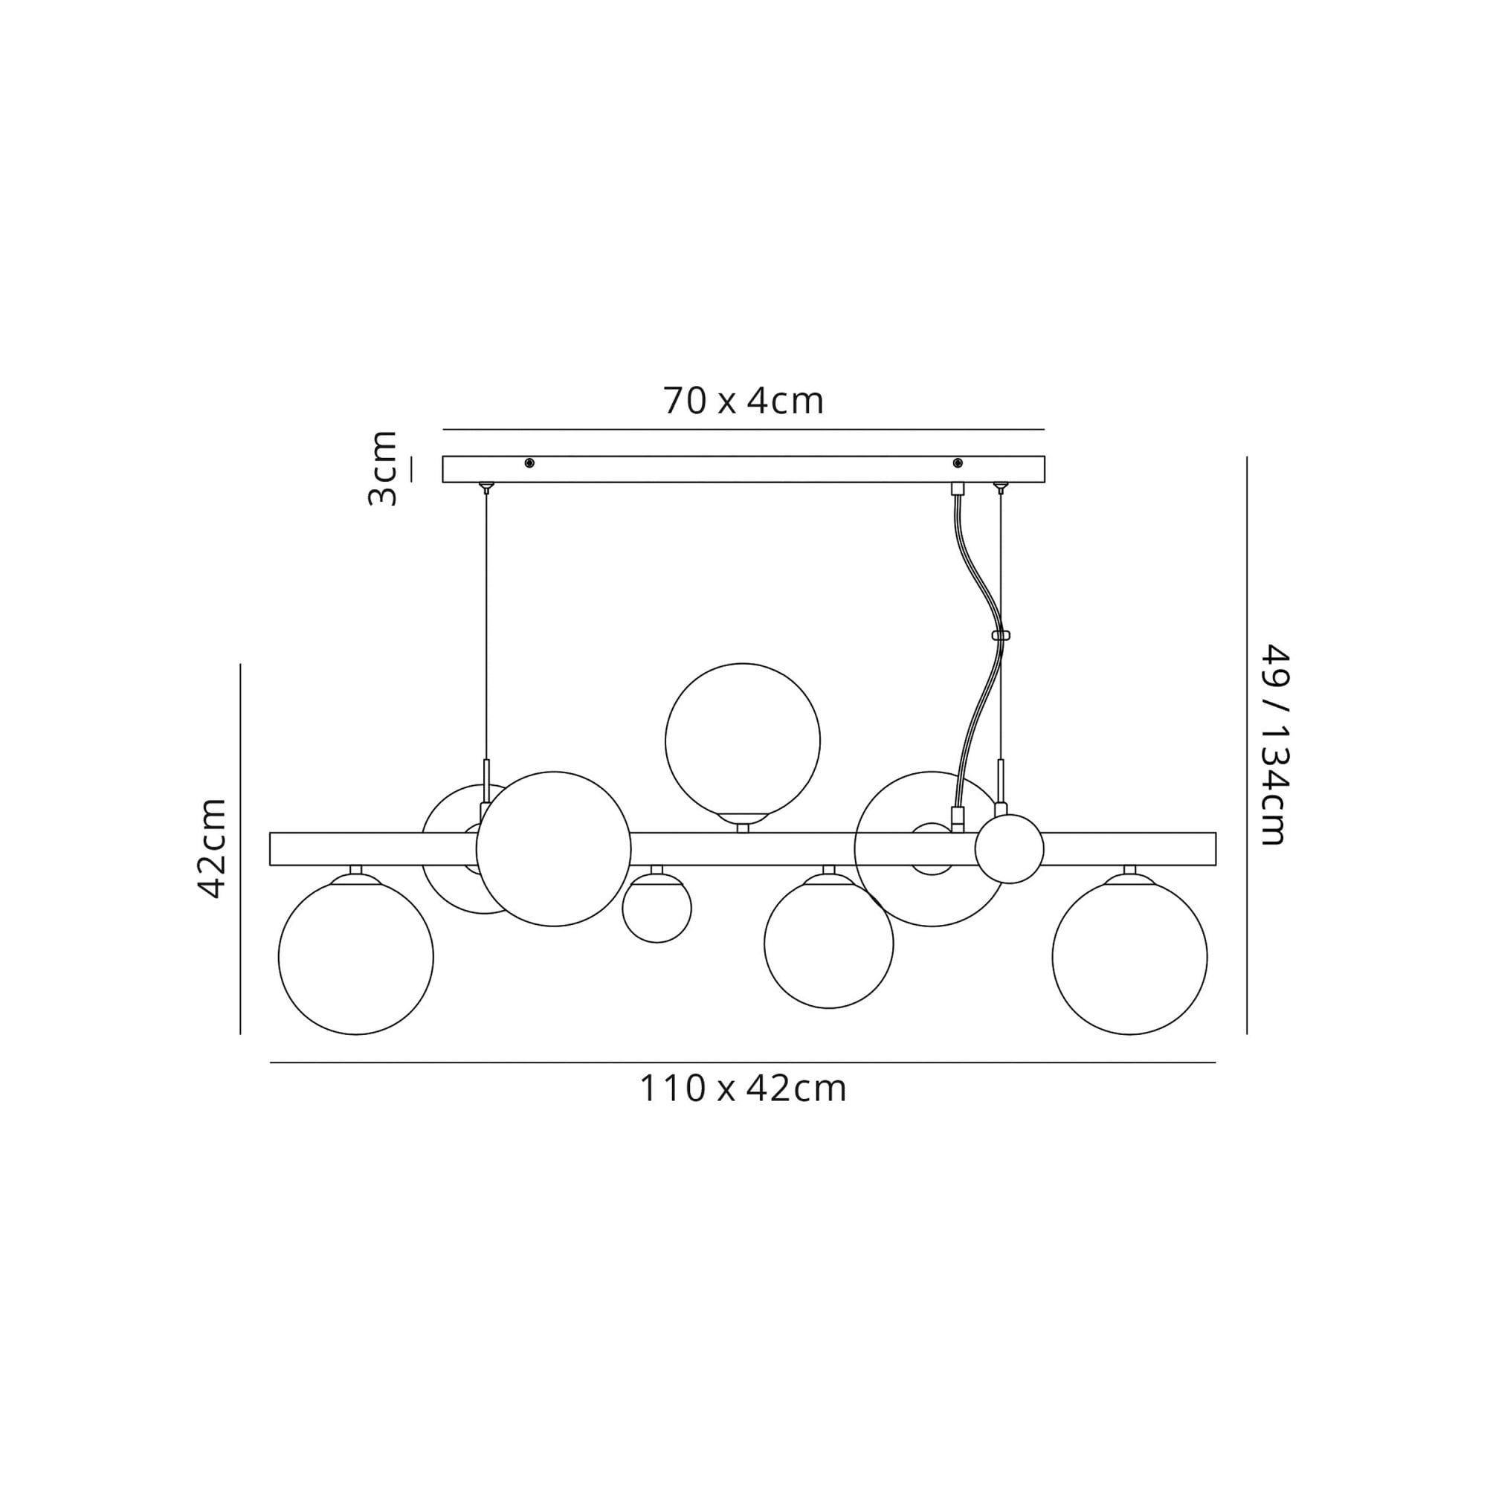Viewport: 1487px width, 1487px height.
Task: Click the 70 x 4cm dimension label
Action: coord(743,401)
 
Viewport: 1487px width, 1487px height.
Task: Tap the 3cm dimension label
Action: coord(382,468)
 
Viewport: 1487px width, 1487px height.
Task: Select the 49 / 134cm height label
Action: coord(1273,744)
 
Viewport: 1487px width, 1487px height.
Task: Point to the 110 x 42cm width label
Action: coord(743,1088)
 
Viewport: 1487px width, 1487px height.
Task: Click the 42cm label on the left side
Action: coord(213,848)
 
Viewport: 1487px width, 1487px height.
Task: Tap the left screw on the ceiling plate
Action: coord(529,462)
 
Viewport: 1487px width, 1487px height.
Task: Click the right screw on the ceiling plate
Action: coord(958,462)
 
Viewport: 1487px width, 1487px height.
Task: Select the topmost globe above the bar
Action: coord(743,741)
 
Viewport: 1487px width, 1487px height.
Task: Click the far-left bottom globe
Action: coord(355,957)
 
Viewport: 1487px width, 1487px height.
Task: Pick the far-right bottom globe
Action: coord(1129,957)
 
